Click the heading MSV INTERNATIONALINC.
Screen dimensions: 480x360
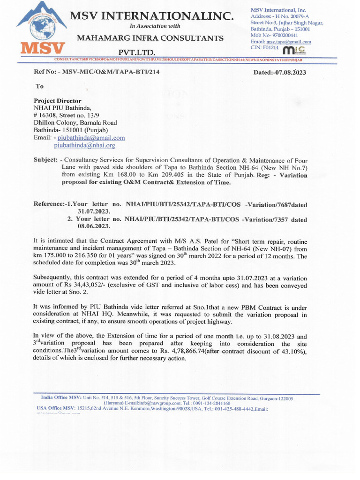pyautogui.click(x=151, y=16)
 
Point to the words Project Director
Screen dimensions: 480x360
pyautogui.click(x=57, y=101)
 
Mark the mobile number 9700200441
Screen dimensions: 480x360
pyautogui.click(x=282, y=35)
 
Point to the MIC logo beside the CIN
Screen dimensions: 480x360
pyautogui.click(x=294, y=48)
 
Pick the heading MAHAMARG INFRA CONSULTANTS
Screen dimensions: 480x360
pyautogui.click(x=150, y=37)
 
